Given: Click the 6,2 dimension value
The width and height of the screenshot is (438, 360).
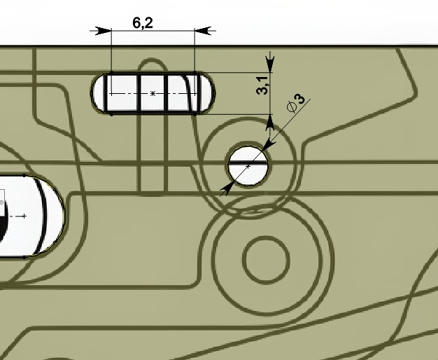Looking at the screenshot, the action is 143,23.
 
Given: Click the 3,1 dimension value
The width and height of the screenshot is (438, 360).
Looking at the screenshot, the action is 262,86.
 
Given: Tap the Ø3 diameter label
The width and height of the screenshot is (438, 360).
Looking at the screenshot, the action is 296,103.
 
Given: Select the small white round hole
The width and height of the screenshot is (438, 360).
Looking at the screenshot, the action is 248,166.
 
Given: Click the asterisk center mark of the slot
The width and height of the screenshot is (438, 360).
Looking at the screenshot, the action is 153,93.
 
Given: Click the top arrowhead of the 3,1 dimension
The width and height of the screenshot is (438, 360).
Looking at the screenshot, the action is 270,64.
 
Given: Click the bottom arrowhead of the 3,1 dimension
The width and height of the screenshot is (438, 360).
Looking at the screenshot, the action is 270,123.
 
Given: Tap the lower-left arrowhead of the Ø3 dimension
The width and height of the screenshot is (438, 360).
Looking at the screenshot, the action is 227,188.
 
